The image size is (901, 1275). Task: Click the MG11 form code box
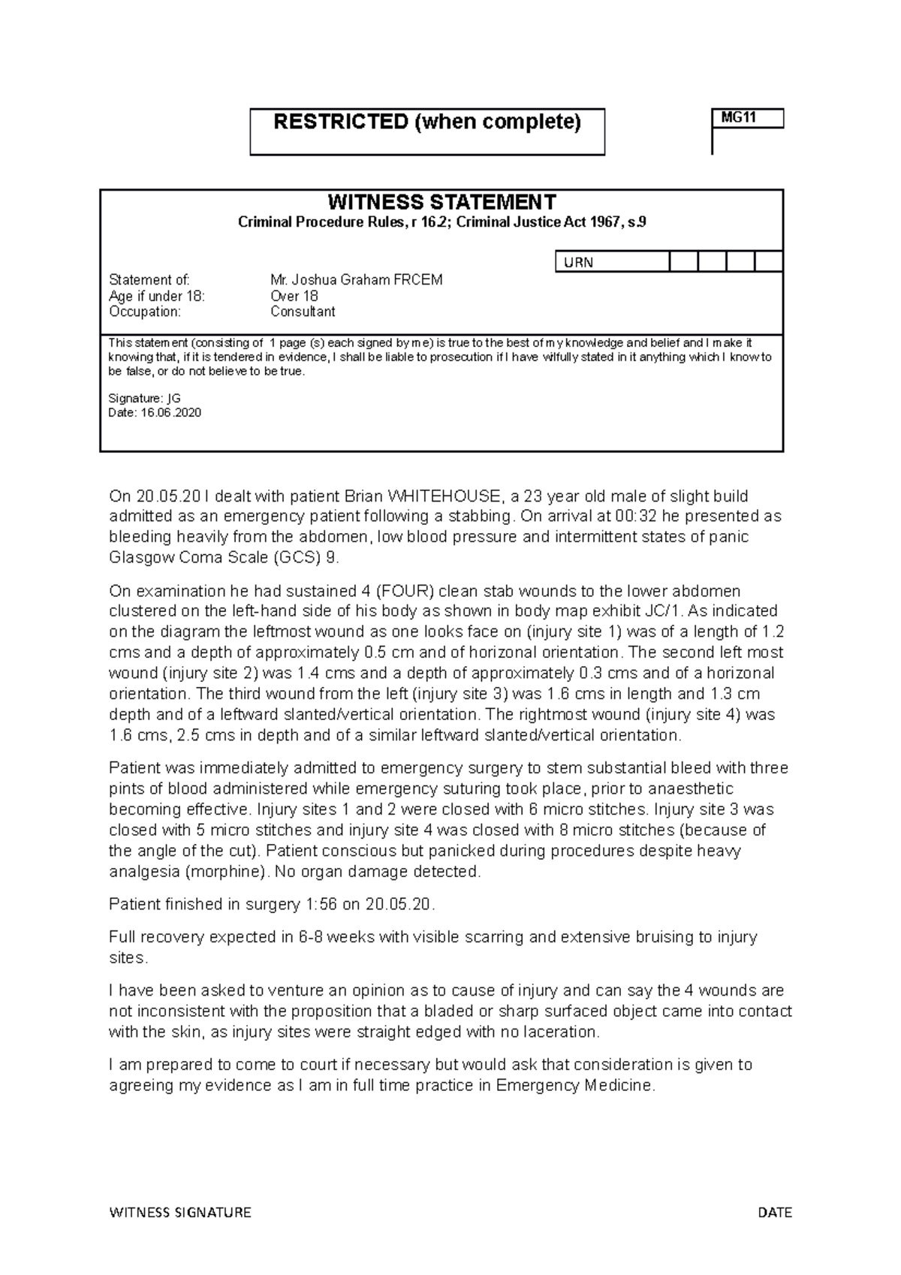(x=747, y=119)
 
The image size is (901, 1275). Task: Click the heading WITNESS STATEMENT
(x=441, y=202)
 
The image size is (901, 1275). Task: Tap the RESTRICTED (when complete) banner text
(x=426, y=122)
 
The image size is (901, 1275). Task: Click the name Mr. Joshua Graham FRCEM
(x=356, y=280)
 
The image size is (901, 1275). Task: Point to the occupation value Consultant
(x=303, y=312)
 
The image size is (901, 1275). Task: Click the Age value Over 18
(x=294, y=296)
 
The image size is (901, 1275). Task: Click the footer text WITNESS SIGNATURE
(x=180, y=1213)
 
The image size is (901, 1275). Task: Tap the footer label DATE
(x=775, y=1213)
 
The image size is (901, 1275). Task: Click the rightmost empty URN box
(x=768, y=262)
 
